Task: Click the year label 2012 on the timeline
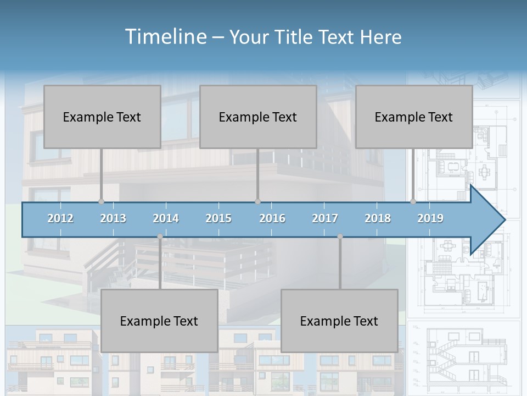(x=60, y=218)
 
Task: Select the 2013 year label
(x=113, y=218)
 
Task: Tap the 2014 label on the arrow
(x=166, y=218)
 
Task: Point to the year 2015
(x=218, y=218)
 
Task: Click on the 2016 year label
(x=272, y=218)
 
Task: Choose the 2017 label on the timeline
(x=325, y=218)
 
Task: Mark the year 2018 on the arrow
(x=378, y=218)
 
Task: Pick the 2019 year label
(x=430, y=218)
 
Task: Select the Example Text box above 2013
(x=102, y=117)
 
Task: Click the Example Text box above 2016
(x=258, y=117)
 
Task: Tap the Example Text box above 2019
(x=414, y=117)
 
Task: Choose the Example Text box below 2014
(x=159, y=321)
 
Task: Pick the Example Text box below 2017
(x=339, y=321)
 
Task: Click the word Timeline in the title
(x=165, y=37)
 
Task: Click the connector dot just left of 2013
(x=101, y=202)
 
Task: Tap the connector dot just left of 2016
(x=257, y=202)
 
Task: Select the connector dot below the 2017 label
(x=340, y=237)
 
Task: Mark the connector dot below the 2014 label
(x=160, y=237)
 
